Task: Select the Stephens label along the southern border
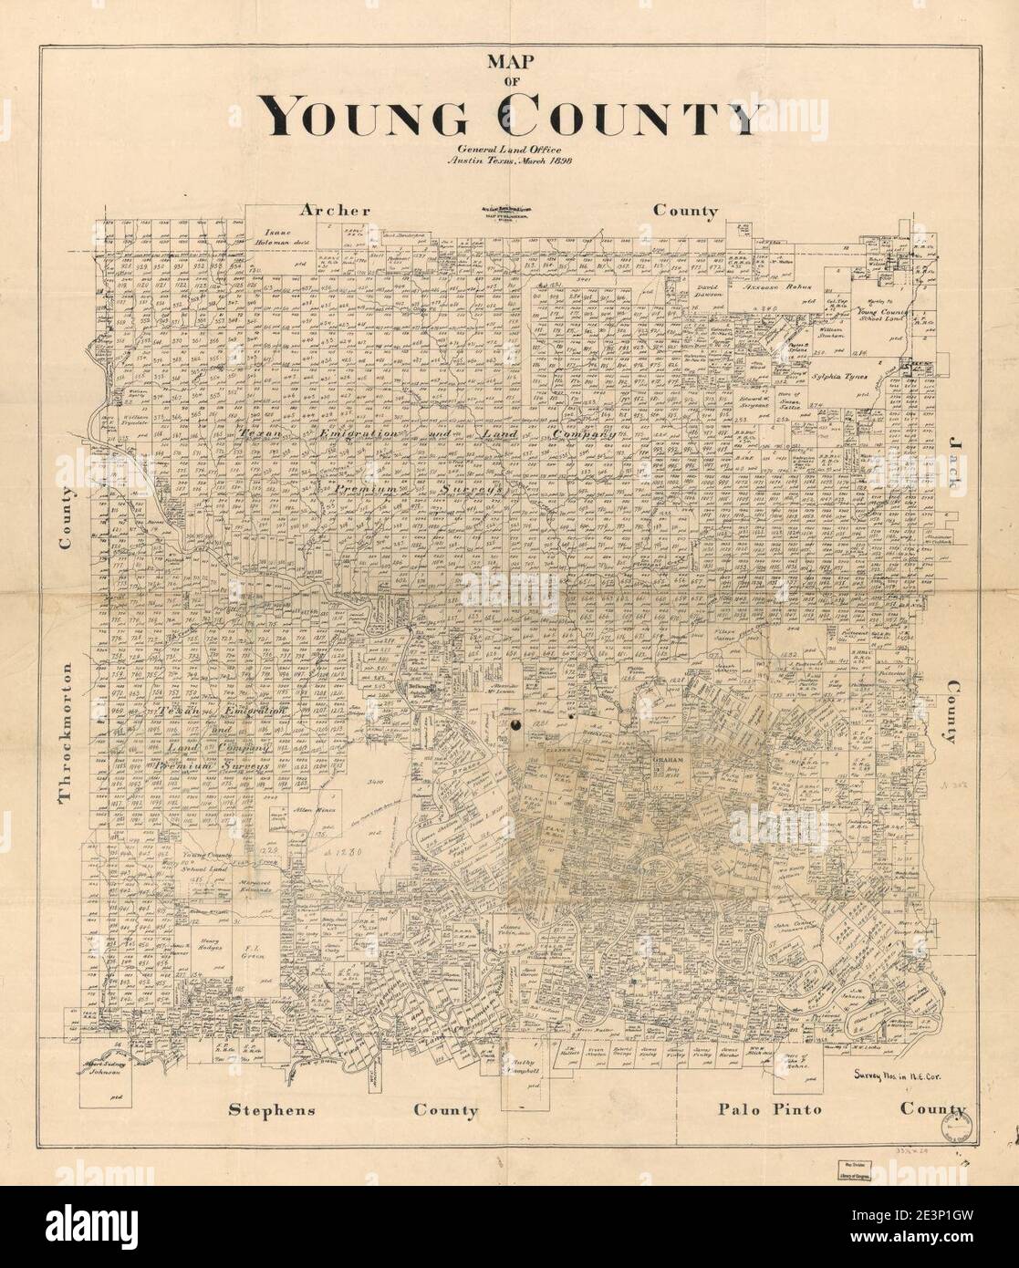pos(272,1110)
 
